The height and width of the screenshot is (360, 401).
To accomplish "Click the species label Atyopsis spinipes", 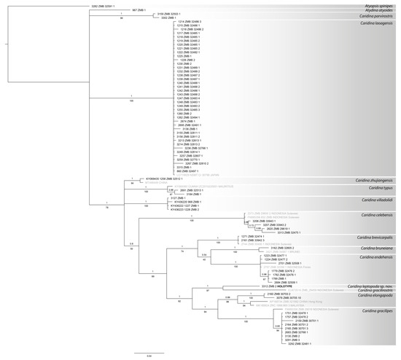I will click(376, 5).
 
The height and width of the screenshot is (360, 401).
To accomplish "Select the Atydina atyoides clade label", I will click(376, 10).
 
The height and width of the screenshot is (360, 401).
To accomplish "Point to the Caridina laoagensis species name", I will click(373, 23).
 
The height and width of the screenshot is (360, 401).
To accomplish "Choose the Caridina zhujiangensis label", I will click(371, 179).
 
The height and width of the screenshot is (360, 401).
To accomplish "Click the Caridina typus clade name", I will click(379, 187).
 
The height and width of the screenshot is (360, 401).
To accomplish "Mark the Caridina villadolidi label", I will click(373, 199).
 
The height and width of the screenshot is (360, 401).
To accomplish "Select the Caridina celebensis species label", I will click(373, 215).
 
